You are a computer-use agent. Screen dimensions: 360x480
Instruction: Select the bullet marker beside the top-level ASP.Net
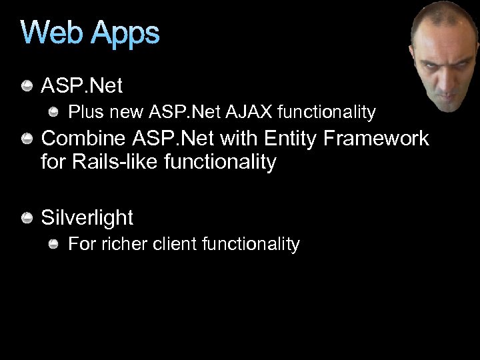coord(27,86)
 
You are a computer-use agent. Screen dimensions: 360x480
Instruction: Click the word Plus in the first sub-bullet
coord(85,112)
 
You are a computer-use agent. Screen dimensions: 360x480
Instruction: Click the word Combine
coord(84,139)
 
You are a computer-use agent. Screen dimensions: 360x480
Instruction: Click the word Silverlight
coord(87,218)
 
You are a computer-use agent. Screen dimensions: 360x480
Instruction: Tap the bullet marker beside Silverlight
coord(27,218)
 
